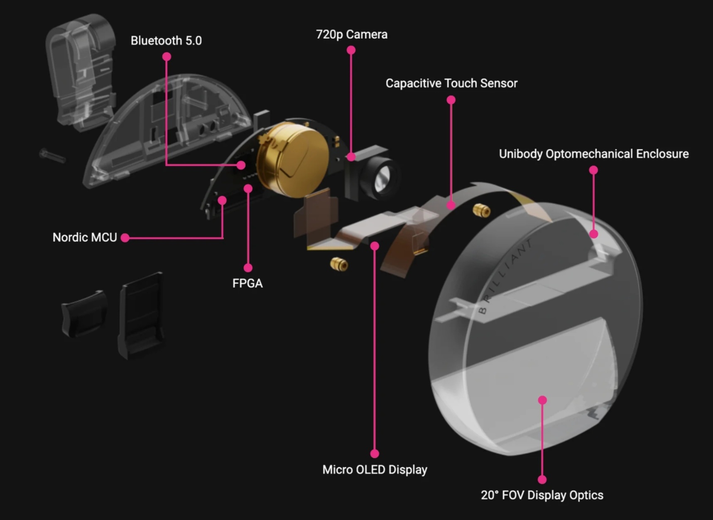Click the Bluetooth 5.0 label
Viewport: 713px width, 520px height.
click(x=166, y=41)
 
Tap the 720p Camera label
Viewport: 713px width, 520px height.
click(x=351, y=34)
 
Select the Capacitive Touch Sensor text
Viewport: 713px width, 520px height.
click(x=451, y=83)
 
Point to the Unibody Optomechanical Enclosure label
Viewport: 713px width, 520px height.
click(x=593, y=154)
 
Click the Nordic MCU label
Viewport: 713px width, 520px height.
click(x=85, y=237)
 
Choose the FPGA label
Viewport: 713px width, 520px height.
click(x=247, y=283)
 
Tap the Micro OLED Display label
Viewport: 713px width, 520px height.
click(x=375, y=470)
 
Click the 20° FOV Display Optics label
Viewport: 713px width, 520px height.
click(x=542, y=495)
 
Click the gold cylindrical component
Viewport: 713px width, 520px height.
click(x=293, y=160)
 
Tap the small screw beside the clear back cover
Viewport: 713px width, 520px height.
click(x=52, y=156)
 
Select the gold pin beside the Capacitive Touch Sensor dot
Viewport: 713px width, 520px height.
click(x=481, y=210)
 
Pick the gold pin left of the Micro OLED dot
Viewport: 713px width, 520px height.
click(x=339, y=264)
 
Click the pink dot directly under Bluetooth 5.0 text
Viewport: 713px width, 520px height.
click(x=167, y=56)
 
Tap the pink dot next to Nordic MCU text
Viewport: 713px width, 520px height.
click(x=125, y=237)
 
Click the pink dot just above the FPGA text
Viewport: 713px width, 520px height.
click(x=248, y=268)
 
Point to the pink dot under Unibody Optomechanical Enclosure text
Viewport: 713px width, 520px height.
click(x=593, y=170)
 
